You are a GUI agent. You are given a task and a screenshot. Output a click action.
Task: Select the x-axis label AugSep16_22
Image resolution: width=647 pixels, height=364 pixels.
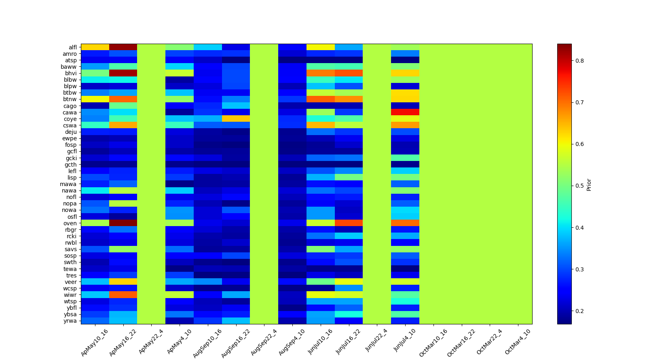point(236,343)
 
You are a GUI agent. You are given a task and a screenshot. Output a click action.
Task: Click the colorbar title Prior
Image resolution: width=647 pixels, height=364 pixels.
point(589,184)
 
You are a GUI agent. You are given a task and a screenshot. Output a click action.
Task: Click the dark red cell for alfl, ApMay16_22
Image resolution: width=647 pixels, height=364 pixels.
point(123,47)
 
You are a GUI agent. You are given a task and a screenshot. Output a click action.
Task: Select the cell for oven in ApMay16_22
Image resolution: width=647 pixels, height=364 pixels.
point(123,223)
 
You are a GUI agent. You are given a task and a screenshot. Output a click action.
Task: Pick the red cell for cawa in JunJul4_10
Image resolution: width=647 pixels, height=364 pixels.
point(405,112)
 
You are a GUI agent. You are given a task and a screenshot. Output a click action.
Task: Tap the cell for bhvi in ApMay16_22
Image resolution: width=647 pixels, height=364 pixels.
point(123,73)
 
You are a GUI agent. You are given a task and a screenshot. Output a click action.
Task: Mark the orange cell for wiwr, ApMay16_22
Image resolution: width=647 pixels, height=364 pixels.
point(123,295)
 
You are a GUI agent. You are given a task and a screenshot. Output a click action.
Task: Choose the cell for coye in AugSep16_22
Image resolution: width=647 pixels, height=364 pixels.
point(236,119)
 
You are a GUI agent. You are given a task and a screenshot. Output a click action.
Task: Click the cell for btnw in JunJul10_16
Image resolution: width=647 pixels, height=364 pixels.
point(321,99)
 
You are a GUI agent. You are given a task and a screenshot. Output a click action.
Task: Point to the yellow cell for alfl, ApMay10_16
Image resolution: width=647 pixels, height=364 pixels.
point(95,47)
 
